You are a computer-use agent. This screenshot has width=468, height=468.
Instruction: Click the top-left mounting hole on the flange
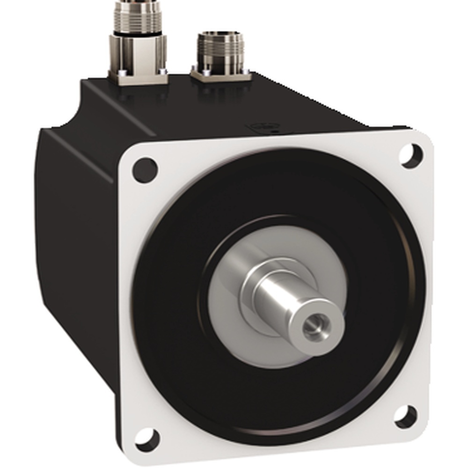[145, 169]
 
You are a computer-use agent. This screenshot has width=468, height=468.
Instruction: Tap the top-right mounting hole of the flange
[411, 155]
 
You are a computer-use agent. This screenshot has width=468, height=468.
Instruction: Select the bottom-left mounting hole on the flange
[148, 438]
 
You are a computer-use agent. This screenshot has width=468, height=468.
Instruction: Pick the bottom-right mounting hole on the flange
[405, 416]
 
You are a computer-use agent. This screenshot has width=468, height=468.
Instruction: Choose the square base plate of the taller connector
[138, 77]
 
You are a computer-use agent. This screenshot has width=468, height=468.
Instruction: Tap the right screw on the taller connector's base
[162, 71]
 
